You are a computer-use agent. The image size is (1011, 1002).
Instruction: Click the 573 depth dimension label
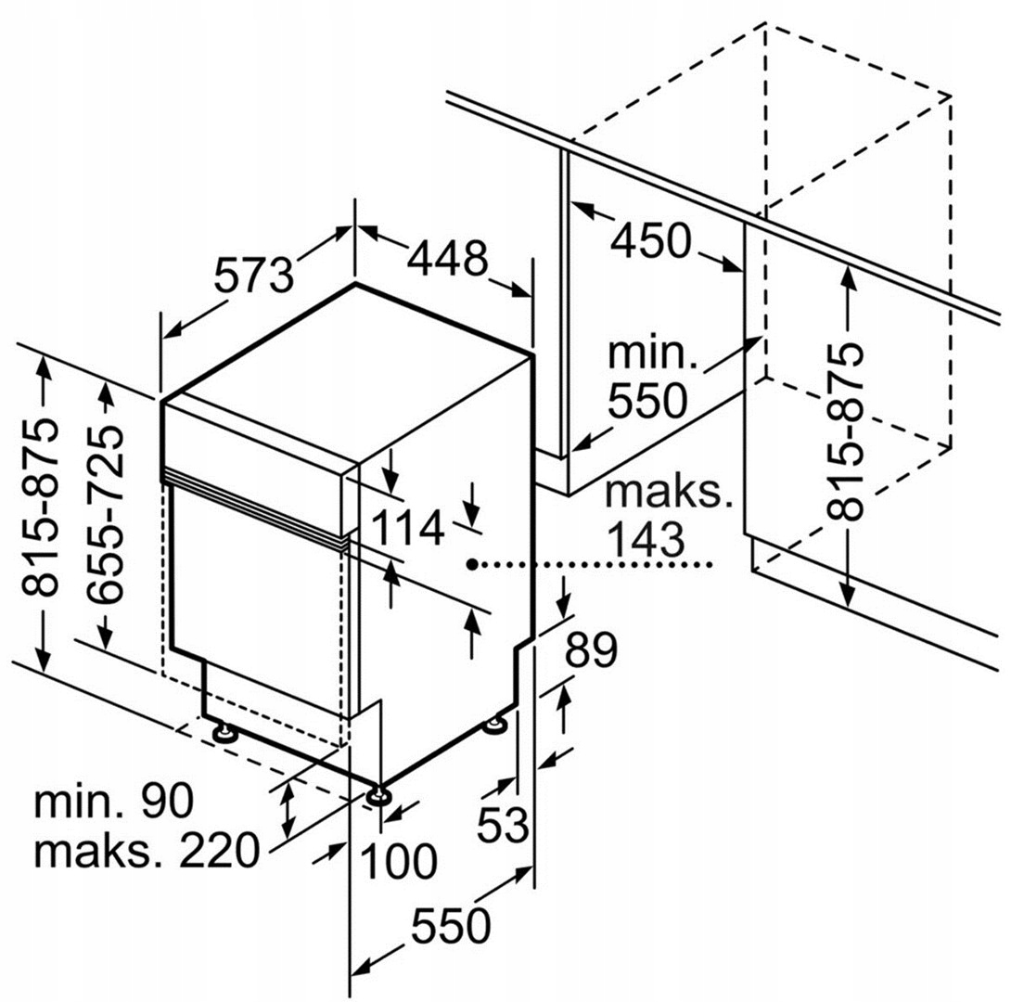tap(253, 275)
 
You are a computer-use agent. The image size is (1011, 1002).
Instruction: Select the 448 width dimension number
tap(447, 258)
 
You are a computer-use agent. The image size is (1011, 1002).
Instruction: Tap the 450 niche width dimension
tap(650, 240)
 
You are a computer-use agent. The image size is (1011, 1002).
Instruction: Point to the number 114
tap(407, 527)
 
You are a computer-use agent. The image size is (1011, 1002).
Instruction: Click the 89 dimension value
tap(591, 650)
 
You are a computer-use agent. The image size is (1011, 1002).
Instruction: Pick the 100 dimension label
tap(399, 861)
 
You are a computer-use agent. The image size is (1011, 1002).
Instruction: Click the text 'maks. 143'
tap(669, 516)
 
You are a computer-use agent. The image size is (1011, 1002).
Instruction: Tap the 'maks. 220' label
tap(147, 851)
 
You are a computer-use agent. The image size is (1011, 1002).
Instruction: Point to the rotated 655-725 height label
tap(104, 514)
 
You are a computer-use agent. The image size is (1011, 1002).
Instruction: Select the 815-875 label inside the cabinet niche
tap(844, 430)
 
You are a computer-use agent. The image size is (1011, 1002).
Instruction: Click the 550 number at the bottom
tap(451, 927)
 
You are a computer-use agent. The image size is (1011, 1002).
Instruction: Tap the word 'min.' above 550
tap(652, 353)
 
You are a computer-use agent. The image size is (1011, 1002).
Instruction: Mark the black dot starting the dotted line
tap(472, 564)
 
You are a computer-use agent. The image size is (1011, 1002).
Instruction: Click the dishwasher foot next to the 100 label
tap(377, 795)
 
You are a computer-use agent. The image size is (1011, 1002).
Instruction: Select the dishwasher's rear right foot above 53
tap(496, 725)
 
